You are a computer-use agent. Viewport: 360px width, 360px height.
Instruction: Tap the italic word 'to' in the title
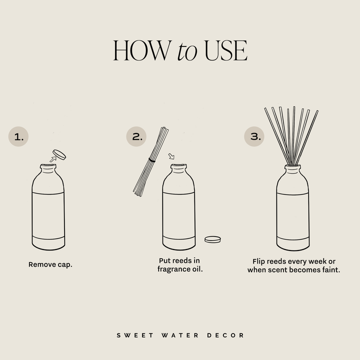click(x=187, y=51)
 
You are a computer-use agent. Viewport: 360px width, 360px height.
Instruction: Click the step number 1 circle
click(x=19, y=136)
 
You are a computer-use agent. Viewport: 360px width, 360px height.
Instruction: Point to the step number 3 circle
click(x=254, y=136)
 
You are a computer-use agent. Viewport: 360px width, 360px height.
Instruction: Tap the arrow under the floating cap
click(x=52, y=159)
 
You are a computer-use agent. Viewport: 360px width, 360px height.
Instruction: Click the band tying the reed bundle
click(x=152, y=160)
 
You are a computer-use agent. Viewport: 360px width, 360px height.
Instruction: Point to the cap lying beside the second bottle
click(x=213, y=239)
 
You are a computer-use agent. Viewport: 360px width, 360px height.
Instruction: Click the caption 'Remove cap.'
click(x=50, y=264)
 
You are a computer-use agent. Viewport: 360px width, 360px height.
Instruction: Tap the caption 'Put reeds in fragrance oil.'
click(x=180, y=265)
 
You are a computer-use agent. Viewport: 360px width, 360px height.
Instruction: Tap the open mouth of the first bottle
click(x=48, y=165)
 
